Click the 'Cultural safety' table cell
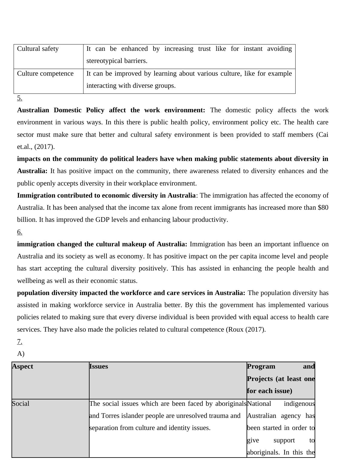point(38,49)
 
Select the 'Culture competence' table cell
point(45,74)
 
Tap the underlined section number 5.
point(20,98)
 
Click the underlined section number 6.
point(20,232)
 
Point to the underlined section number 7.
point(20,342)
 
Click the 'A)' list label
point(21,354)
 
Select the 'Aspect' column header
point(23,366)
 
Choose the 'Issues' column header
point(99,366)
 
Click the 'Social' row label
point(21,404)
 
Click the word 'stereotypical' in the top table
point(103,61)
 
